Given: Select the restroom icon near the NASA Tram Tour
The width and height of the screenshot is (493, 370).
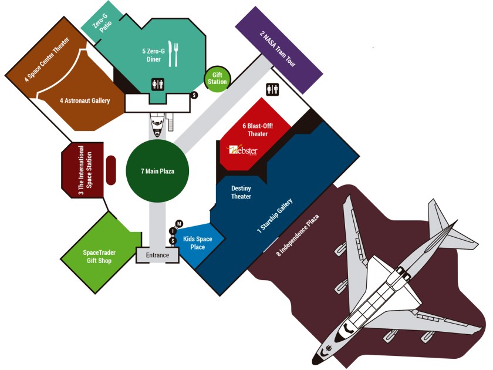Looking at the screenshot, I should click(272, 89).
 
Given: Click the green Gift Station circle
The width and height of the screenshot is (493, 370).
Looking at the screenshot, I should click(216, 78).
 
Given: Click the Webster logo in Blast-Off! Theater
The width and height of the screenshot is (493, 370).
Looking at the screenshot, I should click(242, 150).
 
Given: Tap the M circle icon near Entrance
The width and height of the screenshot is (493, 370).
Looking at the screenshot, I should click(180, 223).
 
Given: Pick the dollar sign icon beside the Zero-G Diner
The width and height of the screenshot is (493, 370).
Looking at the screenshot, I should click(195, 95).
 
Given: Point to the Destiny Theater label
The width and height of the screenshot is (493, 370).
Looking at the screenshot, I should click(241, 192).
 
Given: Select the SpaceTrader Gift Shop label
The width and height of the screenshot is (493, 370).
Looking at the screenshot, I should click(99, 256).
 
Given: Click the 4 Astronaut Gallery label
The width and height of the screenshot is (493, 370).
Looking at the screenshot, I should click(85, 100).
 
